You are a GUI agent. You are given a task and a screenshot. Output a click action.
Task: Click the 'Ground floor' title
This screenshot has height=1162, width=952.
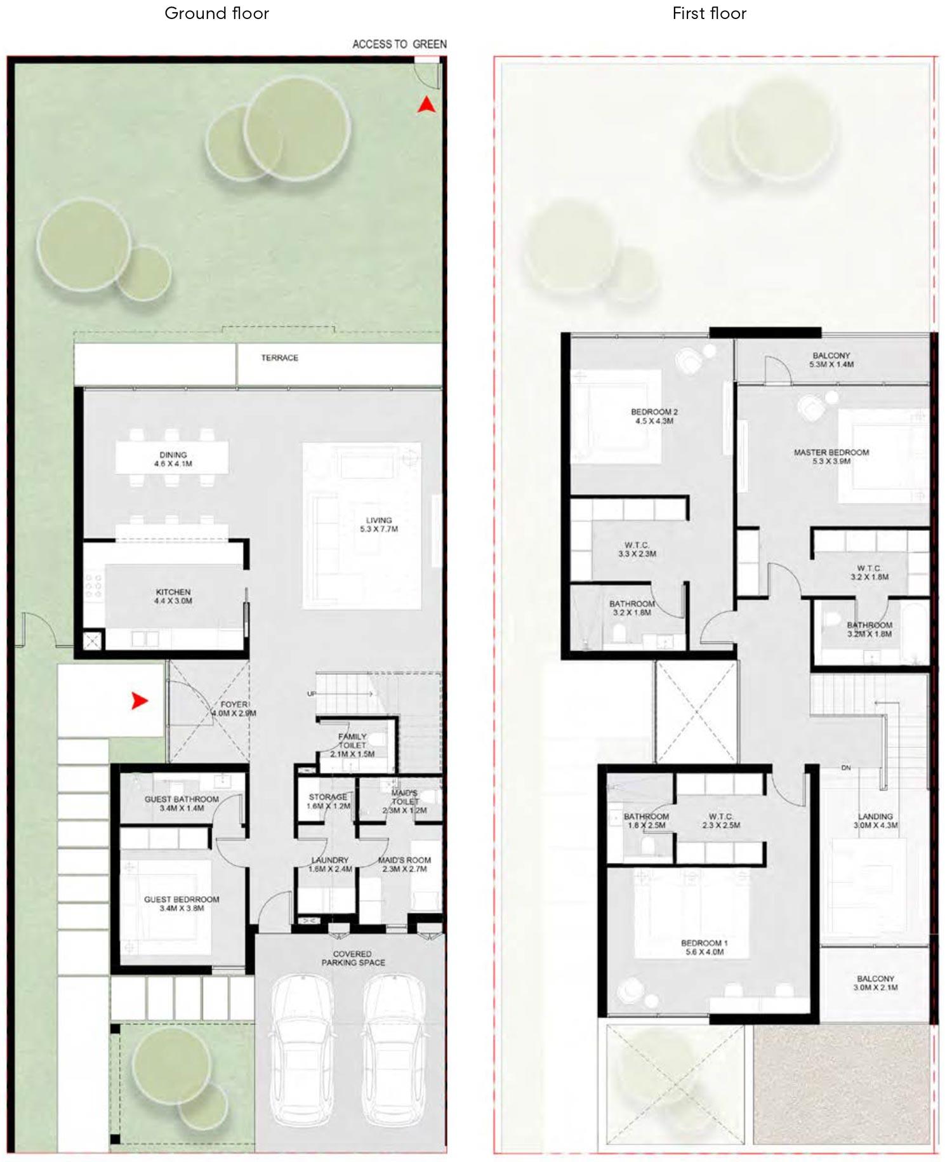[216, 13]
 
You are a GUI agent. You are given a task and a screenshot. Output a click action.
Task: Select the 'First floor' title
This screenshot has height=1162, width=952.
[709, 13]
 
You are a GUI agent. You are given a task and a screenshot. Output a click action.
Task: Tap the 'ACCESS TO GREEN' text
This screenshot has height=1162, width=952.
[399, 44]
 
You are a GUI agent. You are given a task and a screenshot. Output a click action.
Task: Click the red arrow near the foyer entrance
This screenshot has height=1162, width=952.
[140, 701]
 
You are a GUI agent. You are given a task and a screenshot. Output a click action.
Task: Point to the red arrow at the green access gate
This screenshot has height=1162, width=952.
[426, 105]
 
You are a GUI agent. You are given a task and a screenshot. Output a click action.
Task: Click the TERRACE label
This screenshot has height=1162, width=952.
[279, 358]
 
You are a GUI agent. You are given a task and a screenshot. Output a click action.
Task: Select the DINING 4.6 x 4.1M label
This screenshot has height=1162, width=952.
[173, 459]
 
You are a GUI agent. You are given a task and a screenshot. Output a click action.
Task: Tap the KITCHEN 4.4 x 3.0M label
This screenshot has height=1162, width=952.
[173, 596]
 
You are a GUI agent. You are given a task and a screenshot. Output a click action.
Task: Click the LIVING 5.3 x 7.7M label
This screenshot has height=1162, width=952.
[379, 524]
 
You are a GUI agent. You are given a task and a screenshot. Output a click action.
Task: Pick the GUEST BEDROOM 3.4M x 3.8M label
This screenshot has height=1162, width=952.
[182, 904]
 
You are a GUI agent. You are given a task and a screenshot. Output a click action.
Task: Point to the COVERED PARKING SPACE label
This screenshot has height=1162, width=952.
[353, 958]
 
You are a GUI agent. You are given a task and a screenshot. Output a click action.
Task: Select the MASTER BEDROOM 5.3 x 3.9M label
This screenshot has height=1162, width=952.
[831, 457]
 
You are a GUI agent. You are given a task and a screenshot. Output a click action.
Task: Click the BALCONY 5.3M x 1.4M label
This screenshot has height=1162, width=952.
[831, 360]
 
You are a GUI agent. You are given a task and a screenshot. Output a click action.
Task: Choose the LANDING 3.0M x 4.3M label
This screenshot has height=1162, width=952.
[875, 821]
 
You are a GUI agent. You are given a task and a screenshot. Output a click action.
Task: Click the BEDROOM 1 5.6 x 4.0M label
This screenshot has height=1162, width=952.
[704, 947]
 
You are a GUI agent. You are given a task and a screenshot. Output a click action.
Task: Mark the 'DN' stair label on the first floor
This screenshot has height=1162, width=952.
[845, 768]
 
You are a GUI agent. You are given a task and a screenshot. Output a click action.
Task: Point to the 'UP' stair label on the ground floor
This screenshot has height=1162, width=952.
[311, 694]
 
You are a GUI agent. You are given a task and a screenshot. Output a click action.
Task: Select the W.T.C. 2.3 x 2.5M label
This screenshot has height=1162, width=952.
[721, 821]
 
